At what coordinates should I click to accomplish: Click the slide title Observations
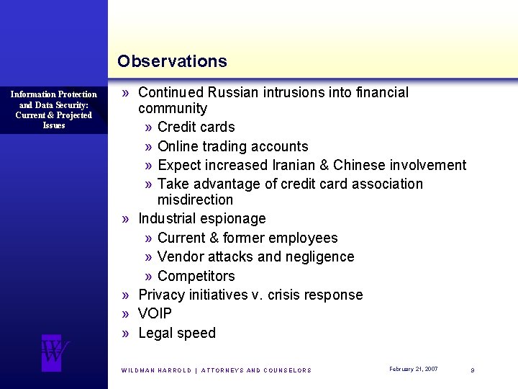pos(172,61)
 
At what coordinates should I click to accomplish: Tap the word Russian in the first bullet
pos(230,92)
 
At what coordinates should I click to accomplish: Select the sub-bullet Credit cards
pos(196,127)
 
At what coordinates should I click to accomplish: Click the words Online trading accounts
pos(232,146)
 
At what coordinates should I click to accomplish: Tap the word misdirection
pos(195,200)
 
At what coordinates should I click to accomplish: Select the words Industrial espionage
pos(202,218)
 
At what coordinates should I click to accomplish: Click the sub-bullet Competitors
pos(196,276)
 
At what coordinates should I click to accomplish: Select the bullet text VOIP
pos(155,313)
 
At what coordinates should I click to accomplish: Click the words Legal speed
pos(177,333)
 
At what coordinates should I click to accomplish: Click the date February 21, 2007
pos(413,369)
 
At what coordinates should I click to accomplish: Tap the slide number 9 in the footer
pos(472,370)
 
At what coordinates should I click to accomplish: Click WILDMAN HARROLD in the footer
pos(156,370)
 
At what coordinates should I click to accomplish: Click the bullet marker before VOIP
pos(126,314)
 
